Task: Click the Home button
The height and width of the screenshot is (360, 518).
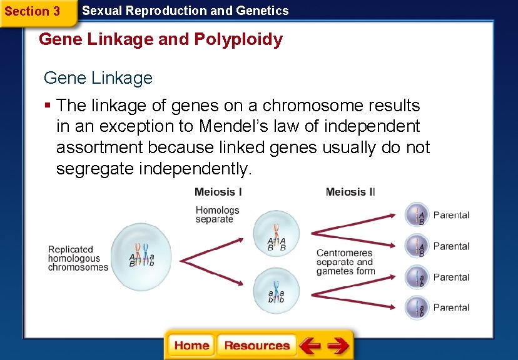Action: coord(191,346)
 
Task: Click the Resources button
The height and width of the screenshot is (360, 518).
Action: coord(256,346)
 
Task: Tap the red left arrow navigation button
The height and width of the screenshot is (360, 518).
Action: coord(310,346)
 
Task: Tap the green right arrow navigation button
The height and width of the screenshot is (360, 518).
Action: coord(338,346)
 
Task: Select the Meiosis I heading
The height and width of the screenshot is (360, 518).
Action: coord(218,192)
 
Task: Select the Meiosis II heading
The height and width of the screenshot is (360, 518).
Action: coord(350,192)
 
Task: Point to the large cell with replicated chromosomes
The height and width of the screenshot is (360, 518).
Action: coord(141,256)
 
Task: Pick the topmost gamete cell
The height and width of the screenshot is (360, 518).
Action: coord(417,215)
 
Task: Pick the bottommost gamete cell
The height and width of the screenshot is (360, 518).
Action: coord(417,307)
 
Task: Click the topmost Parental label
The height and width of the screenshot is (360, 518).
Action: coord(451,215)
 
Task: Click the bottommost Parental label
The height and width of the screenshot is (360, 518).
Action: coord(451,307)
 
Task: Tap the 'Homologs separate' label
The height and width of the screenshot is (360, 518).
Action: coord(217,214)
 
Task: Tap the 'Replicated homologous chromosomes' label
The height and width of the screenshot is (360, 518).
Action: coord(78,258)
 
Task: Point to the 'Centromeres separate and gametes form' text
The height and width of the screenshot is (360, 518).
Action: coord(345,262)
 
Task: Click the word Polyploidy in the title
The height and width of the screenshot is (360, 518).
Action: coord(238,39)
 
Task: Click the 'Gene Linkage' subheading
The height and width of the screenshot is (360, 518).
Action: coord(98,78)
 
